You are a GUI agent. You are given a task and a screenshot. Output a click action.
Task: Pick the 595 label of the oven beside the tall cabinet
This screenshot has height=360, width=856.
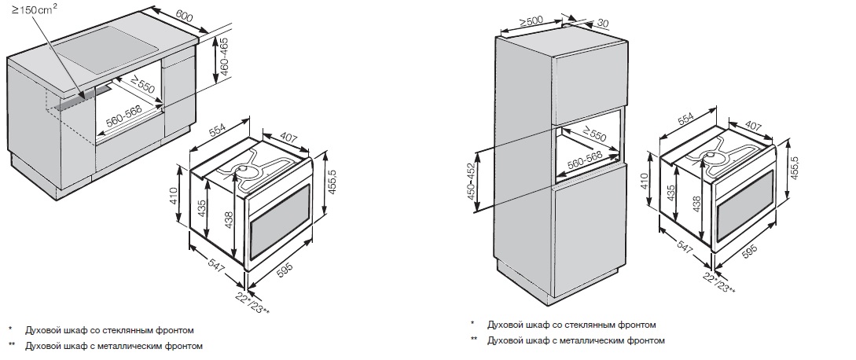(x=750, y=252)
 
